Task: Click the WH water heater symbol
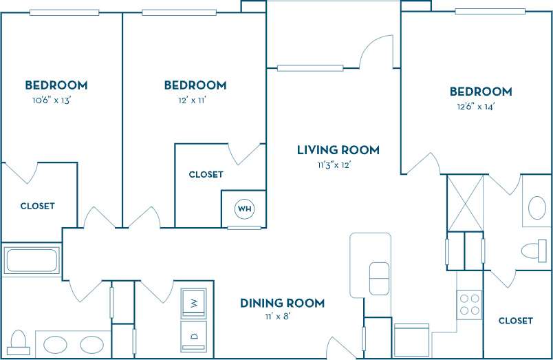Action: point(244,208)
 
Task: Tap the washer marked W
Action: point(194,301)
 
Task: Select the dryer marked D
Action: point(194,335)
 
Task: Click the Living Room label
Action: point(338,150)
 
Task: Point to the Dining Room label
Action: point(282,303)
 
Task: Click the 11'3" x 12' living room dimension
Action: point(338,165)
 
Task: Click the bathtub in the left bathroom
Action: point(32,261)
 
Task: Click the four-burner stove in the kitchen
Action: point(470,305)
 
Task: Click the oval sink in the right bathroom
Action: point(536,208)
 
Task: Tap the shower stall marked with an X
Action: point(466,204)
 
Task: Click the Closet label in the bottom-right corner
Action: point(515,321)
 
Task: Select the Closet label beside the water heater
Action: point(206,175)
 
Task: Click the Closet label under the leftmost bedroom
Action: point(37,206)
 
